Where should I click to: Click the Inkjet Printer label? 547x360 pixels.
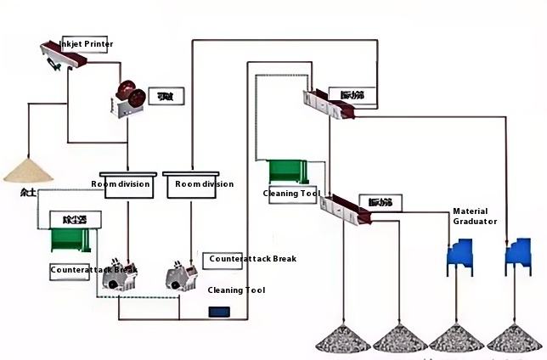tap(86, 44)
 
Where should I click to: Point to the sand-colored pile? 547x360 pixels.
tap(28, 169)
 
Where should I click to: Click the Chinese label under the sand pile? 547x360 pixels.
tap(28, 191)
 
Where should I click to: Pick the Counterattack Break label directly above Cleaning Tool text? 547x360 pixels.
tap(252, 258)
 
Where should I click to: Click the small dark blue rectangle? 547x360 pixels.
tap(220, 312)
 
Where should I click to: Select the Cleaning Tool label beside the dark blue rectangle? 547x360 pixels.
tap(237, 290)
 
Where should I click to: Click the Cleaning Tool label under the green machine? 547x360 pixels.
tap(291, 194)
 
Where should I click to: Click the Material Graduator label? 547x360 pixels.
tap(475, 216)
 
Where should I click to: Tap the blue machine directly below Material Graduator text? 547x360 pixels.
tap(461, 258)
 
